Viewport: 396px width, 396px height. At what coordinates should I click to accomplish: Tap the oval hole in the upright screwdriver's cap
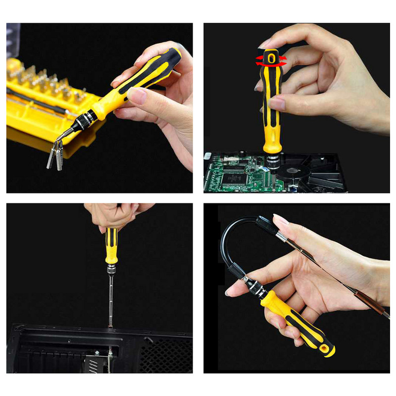[271, 59]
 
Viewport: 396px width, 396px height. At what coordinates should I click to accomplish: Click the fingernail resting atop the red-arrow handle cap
[265, 44]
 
